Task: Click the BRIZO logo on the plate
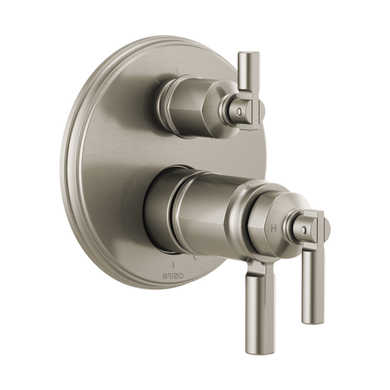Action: [173, 276]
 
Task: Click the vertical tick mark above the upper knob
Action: [177, 71]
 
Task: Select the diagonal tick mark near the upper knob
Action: [158, 81]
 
